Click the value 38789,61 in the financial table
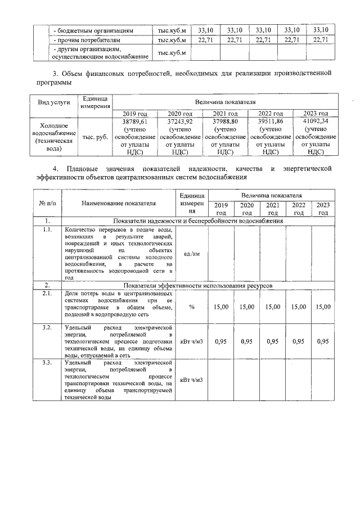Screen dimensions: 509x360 (134, 121)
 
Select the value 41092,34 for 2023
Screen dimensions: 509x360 (316, 121)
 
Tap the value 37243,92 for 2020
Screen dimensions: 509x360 (180, 121)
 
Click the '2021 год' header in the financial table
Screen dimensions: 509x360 (225, 114)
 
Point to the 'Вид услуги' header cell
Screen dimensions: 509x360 (53, 102)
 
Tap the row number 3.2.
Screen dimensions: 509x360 (47, 327)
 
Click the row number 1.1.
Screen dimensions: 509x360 (47, 229)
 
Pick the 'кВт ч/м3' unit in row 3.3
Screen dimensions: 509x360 (191, 380)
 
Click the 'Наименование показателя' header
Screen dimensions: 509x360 (118, 203)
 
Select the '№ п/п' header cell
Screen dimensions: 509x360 (47, 203)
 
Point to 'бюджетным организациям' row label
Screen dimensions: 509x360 (93, 30)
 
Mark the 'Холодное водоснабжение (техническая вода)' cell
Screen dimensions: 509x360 (53, 137)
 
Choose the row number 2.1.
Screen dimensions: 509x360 (47, 293)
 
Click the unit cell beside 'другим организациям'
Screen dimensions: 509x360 (172, 53)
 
